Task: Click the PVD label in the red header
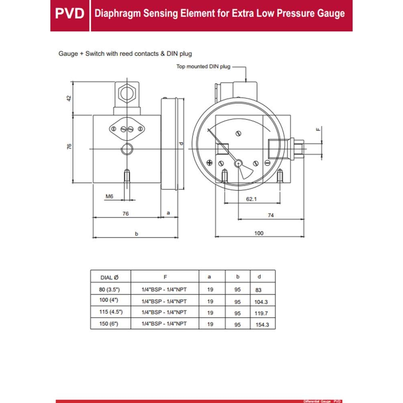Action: click(x=69, y=13)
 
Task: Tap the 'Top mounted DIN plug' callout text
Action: click(x=204, y=66)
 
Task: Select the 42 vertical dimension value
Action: click(x=69, y=98)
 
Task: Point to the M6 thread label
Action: click(x=109, y=196)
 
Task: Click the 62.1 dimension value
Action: click(x=251, y=199)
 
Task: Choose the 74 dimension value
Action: click(x=271, y=216)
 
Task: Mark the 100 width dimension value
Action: click(x=259, y=233)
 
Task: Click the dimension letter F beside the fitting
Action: click(x=318, y=129)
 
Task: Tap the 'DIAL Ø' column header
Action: click(x=110, y=277)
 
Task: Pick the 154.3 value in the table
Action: click(x=262, y=324)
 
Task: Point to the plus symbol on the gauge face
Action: click(x=209, y=162)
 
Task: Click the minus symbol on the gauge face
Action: click(x=267, y=163)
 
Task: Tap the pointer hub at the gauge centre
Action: click(x=238, y=163)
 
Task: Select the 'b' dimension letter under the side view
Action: click(x=136, y=233)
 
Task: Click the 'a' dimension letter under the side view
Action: click(x=168, y=212)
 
